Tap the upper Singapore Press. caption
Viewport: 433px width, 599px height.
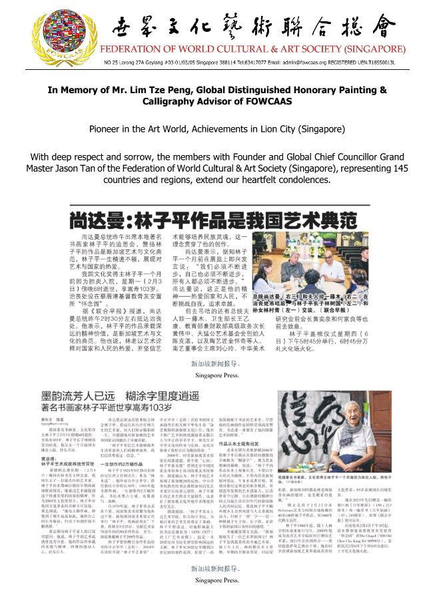[x=216, y=375]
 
